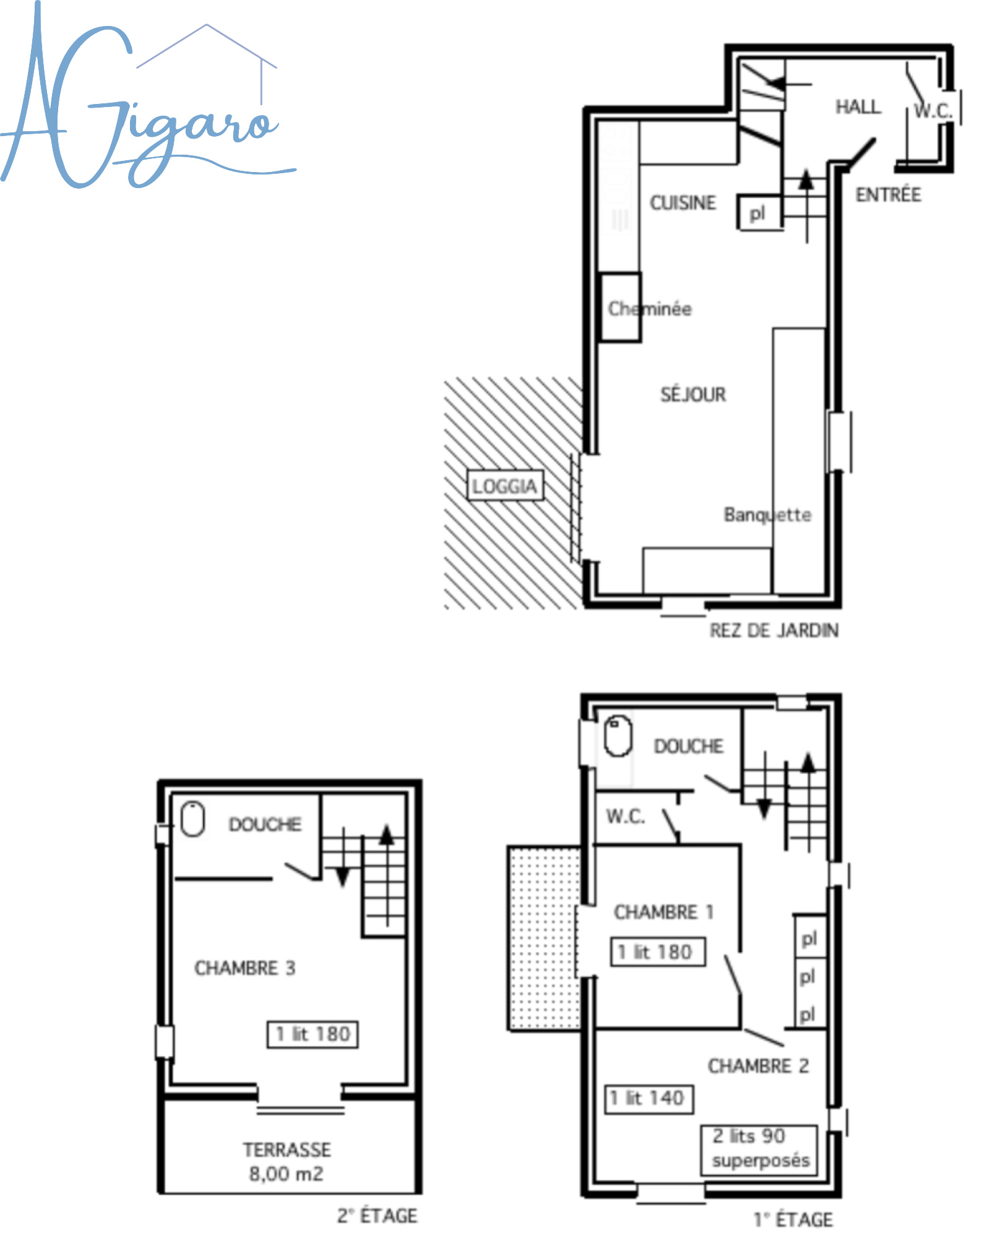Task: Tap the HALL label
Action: pyautogui.click(x=858, y=107)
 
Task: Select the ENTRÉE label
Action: pyautogui.click(x=889, y=195)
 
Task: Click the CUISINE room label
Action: pyautogui.click(x=682, y=203)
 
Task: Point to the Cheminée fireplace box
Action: pyautogui.click(x=621, y=307)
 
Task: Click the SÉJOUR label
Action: pyautogui.click(x=693, y=394)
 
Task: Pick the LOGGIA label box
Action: pyautogui.click(x=504, y=486)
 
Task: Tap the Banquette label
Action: pyautogui.click(x=767, y=515)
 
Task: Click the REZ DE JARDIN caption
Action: pyautogui.click(x=774, y=630)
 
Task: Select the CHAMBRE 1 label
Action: pyautogui.click(x=663, y=912)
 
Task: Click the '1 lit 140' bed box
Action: pyautogui.click(x=648, y=1099)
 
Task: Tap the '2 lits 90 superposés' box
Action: pyautogui.click(x=759, y=1149)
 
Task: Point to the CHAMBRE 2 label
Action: pyautogui.click(x=759, y=1065)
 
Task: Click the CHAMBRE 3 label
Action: pyautogui.click(x=245, y=968)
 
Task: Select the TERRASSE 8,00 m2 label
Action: pyautogui.click(x=286, y=1161)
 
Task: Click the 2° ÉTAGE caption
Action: pyautogui.click(x=377, y=1216)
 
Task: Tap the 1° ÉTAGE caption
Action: pyautogui.click(x=793, y=1219)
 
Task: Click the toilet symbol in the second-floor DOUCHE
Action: pyautogui.click(x=192, y=819)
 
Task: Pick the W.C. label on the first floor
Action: pyautogui.click(x=626, y=817)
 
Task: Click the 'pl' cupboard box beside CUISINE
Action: pyautogui.click(x=759, y=213)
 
